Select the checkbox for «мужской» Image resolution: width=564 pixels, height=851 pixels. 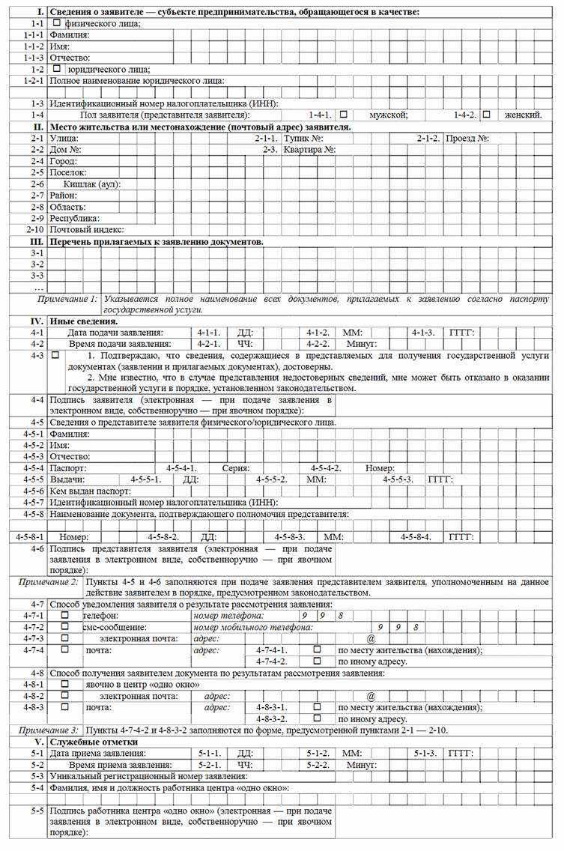(344, 115)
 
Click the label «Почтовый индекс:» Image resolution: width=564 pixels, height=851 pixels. (86, 229)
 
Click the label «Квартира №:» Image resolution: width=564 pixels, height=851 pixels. (309, 150)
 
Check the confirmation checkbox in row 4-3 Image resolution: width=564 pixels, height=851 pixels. (56, 356)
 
